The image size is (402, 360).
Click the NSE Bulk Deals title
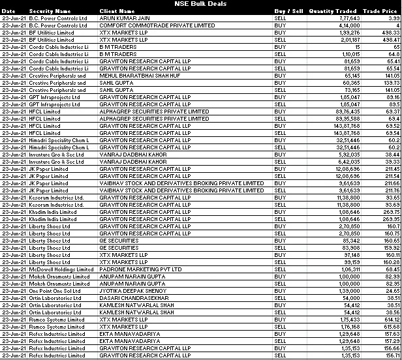[201, 4]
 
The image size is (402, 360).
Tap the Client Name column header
[117, 11]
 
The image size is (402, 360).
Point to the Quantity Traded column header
[333, 11]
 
